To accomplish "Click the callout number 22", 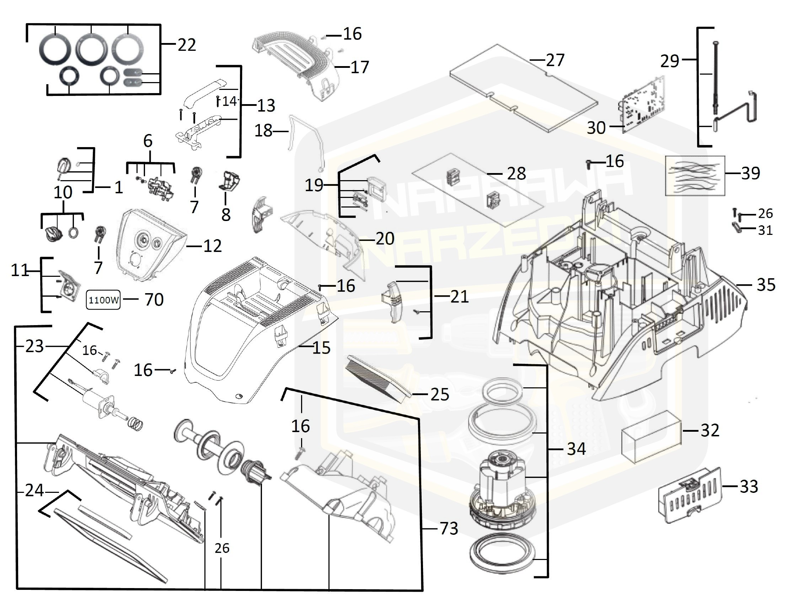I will click(x=187, y=45).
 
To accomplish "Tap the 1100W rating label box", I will click(x=103, y=300).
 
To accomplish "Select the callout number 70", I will click(x=154, y=300).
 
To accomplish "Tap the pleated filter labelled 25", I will click(x=378, y=377).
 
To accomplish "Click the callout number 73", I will click(x=449, y=529).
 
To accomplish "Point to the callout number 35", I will click(x=766, y=285).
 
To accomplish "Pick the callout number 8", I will click(x=226, y=215).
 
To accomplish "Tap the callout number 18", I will click(x=263, y=131).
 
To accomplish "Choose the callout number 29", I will click(x=670, y=61).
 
